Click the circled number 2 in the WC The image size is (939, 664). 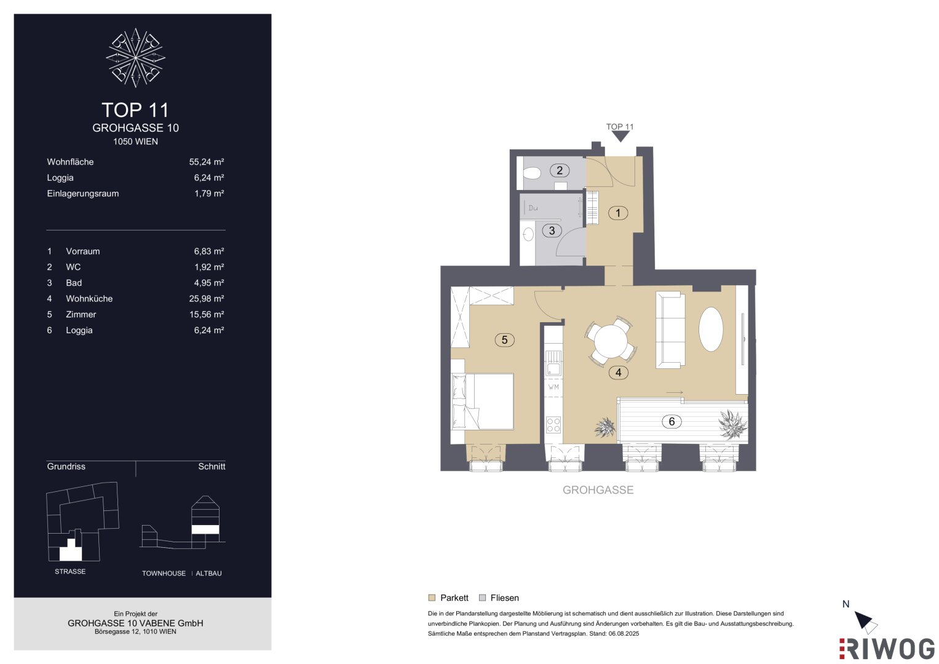559,170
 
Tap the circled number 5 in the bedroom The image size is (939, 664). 504,339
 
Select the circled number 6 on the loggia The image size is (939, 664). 672,421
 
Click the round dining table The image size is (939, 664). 611,341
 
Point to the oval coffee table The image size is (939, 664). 710,329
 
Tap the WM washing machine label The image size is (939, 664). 553,387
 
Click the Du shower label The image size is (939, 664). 533,208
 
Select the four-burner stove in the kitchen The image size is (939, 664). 553,425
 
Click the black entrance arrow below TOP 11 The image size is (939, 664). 620,136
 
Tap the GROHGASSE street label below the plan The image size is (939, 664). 598,489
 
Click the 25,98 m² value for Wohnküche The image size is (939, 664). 206,298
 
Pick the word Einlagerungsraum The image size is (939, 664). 82,194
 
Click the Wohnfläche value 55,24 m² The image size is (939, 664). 206,162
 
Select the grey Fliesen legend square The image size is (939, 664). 483,598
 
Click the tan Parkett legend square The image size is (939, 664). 432,598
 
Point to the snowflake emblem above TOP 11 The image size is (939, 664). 135,57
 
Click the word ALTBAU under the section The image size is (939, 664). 208,573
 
